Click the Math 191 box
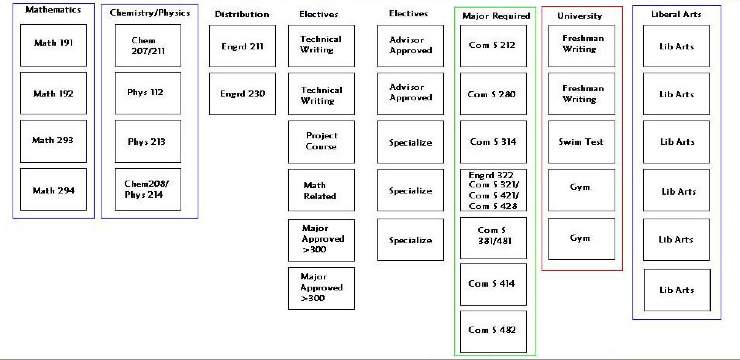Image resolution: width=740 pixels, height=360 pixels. [53, 45]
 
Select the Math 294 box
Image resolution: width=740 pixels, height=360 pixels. [53, 189]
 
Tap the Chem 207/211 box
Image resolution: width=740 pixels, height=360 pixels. [148, 45]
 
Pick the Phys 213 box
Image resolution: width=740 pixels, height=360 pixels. [148, 141]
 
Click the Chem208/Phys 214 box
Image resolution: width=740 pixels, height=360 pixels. [148, 189]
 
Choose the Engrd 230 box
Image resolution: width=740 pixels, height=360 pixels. [242, 94]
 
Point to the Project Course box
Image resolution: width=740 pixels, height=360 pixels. [321, 142]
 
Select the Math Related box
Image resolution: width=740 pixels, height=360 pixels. [321, 190]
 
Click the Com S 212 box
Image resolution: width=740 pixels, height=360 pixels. [493, 46]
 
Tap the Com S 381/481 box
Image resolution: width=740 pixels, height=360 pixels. [493, 238]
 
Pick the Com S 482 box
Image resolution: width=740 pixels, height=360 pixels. [493, 331]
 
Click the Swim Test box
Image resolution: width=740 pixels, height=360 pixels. [582, 142]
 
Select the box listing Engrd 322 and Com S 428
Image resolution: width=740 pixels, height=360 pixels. [493, 190]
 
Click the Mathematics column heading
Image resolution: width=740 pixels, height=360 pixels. [53, 10]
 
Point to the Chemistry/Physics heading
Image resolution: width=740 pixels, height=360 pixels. [150, 13]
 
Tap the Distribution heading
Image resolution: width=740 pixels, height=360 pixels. [242, 14]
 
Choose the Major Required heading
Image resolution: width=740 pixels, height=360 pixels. [496, 16]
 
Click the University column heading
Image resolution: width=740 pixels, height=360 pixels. [580, 16]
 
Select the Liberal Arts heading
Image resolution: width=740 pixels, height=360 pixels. [676, 14]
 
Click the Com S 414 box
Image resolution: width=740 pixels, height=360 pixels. [493, 284]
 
